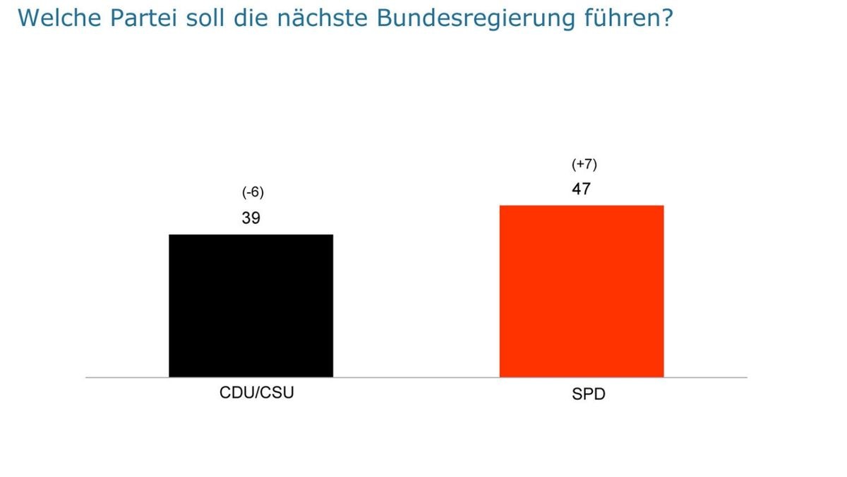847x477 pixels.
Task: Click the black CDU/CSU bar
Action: pos(251,305)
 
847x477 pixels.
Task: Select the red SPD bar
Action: pos(582,291)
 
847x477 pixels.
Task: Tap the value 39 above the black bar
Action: pos(251,218)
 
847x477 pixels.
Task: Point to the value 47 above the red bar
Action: pos(582,189)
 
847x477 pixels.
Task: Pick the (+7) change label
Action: pos(584,165)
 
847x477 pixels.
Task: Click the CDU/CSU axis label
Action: pos(256,393)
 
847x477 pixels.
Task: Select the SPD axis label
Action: pos(589,394)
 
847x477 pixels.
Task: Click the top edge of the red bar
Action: pos(582,206)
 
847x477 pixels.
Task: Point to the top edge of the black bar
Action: pos(251,235)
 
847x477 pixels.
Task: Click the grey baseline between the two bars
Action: pos(416,377)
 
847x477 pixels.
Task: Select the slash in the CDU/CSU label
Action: pos(256,393)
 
